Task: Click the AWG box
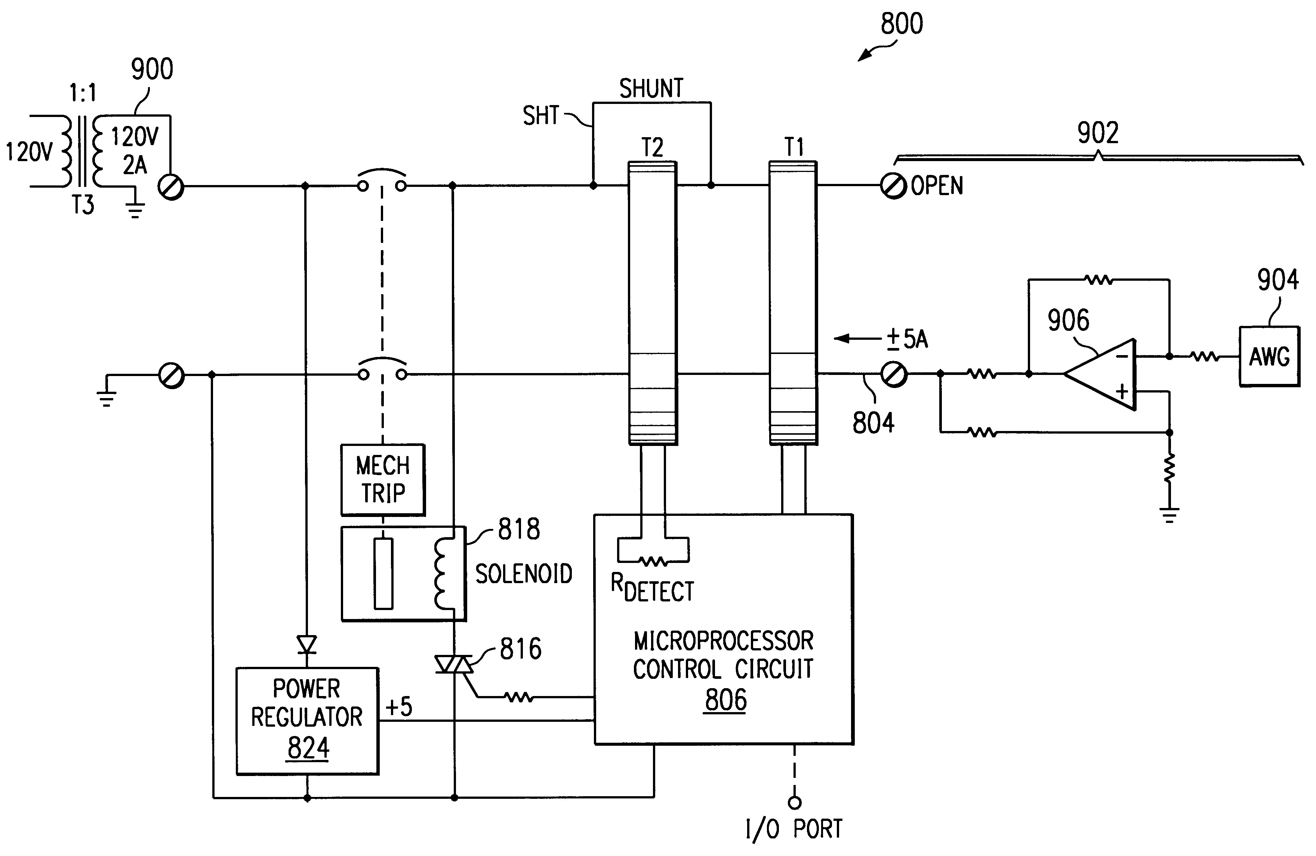click(1269, 357)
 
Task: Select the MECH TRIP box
click(383, 480)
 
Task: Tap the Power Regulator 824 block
click(308, 721)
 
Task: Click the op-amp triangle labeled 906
click(1100, 375)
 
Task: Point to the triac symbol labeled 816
click(454, 664)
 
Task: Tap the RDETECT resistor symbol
click(653, 562)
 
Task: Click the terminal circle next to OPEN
click(893, 186)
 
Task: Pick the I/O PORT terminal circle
click(795, 803)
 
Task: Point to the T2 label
click(653, 148)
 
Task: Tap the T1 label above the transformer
click(794, 147)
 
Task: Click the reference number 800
click(902, 24)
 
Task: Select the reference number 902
click(1098, 133)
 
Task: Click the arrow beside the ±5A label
click(857, 338)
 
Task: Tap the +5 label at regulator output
click(399, 707)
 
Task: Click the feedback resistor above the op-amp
click(1099, 280)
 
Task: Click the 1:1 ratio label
click(83, 93)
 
